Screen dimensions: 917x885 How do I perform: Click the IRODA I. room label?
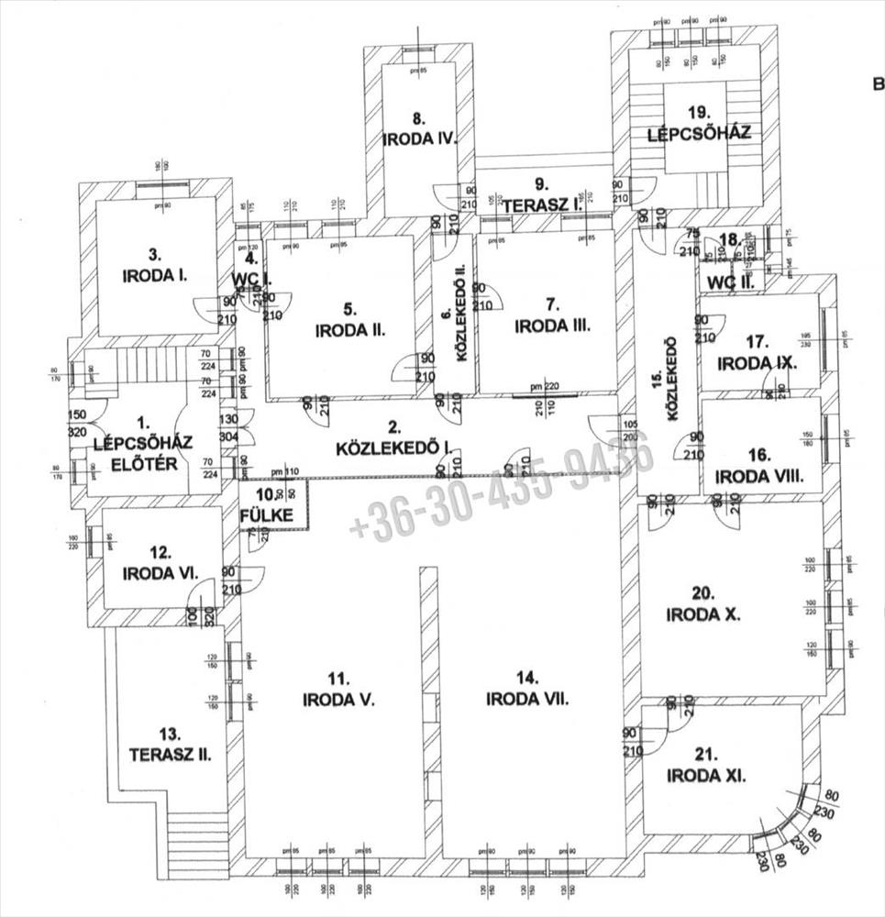pos(155,274)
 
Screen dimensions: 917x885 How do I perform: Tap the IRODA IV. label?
pos(419,139)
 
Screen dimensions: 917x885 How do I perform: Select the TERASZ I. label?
pos(543,206)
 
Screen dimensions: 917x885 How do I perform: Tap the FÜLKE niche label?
pos(268,515)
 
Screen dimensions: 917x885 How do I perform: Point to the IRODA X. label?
pos(702,614)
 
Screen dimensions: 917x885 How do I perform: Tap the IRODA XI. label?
pos(707,776)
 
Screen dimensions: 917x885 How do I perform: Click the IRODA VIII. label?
pos(758,476)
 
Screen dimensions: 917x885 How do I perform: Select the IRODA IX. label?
pos(757,361)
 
